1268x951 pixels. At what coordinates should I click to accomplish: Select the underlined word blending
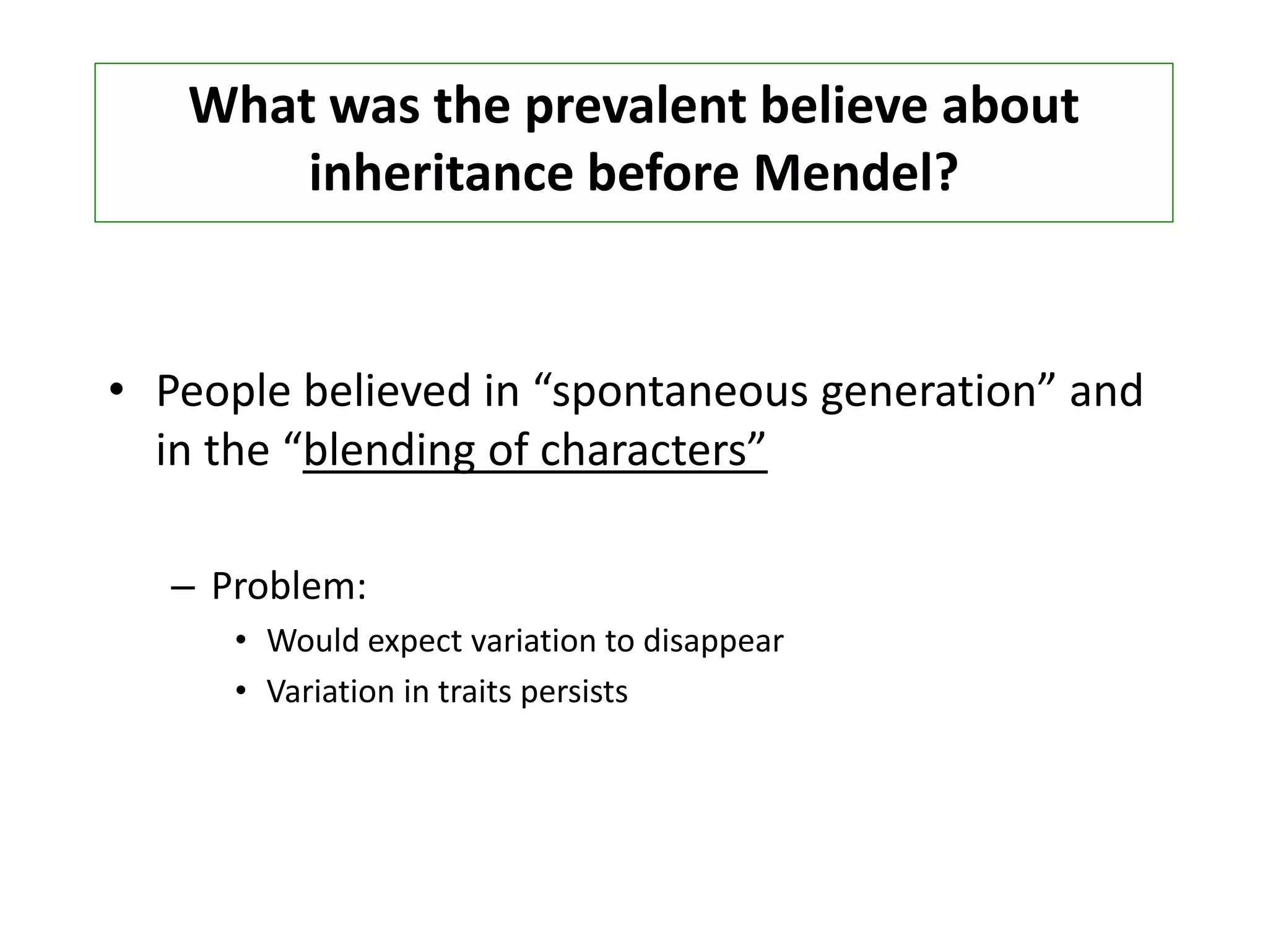click(x=389, y=451)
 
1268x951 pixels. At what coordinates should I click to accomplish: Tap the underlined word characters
click(x=643, y=451)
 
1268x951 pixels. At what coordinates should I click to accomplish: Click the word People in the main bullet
click(x=223, y=391)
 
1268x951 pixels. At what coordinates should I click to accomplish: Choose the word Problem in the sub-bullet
click(x=288, y=586)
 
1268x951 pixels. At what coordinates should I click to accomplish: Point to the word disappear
click(x=713, y=641)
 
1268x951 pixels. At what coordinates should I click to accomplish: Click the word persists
click(x=574, y=692)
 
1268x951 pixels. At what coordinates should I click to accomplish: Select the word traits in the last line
click(x=475, y=692)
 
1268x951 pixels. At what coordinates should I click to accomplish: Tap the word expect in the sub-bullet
click(x=415, y=641)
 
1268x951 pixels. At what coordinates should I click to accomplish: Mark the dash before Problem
click(x=182, y=588)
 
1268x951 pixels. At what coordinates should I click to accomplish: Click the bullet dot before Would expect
click(x=241, y=640)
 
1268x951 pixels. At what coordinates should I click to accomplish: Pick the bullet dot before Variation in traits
click(x=241, y=690)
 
